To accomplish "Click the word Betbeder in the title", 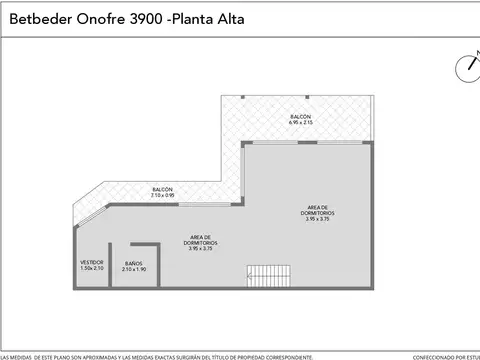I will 36,18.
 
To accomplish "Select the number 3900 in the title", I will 136,18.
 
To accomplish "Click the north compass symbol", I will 468,67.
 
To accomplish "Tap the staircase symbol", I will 270,275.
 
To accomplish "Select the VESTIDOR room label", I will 91,262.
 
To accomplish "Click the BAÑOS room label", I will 134,263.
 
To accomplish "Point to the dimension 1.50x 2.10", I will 91,268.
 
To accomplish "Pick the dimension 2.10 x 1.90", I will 134,269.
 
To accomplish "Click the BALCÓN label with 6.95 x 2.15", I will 301,117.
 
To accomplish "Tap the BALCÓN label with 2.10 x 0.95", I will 163,189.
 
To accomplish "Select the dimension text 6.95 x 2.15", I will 301,123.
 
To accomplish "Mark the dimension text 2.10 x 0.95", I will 163,195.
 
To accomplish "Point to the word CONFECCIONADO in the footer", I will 433,356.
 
